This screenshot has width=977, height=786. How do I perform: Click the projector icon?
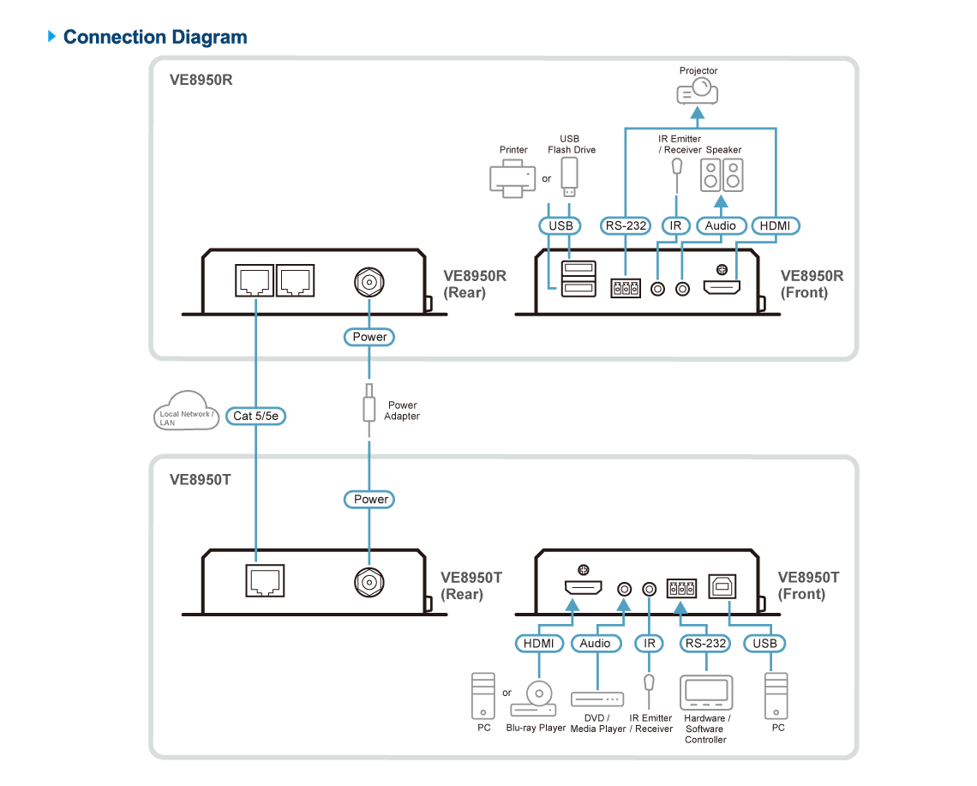pos(698,92)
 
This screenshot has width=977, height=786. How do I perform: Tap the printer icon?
pos(512,178)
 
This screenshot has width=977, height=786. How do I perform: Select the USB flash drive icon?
pos(569,177)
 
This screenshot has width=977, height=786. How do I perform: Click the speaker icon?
pos(722,175)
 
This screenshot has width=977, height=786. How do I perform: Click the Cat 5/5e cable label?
pos(255,416)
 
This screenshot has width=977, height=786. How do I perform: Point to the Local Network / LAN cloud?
pos(186,411)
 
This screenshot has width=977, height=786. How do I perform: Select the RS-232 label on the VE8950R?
pos(626,225)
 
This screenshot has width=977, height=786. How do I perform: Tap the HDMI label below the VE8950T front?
pos(539,643)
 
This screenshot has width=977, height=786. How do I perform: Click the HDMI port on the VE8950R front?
pos(722,287)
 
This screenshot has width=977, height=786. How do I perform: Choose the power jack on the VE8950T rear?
pos(369,583)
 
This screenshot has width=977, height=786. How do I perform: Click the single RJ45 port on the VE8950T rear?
pos(265,581)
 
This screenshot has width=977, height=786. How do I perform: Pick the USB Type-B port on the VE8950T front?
pos(722,586)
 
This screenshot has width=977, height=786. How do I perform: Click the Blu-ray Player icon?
pos(534,699)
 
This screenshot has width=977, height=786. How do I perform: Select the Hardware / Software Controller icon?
pos(706,693)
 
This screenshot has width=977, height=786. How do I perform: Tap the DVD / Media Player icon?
pos(597,699)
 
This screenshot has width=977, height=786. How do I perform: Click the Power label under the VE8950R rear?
pos(369,337)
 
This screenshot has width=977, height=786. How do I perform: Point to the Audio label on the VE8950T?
pos(596,643)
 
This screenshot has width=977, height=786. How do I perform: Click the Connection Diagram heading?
pos(155,37)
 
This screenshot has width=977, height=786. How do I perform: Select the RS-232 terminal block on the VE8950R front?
pos(626,288)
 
